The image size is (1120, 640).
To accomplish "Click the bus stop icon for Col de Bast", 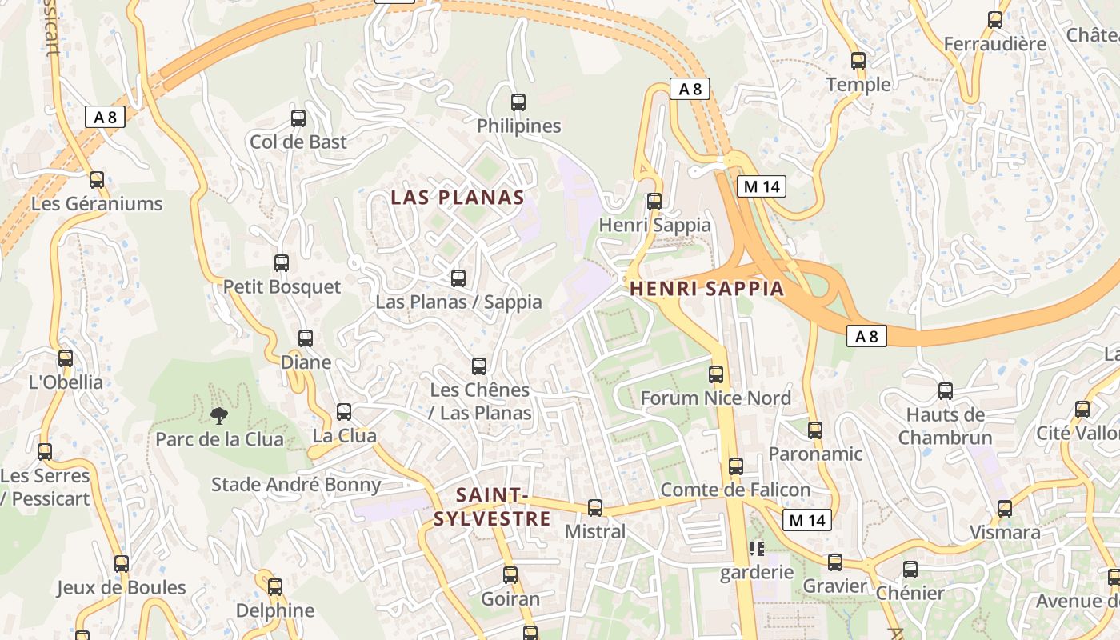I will point(298,118).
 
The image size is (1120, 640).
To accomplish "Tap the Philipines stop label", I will point(518,126).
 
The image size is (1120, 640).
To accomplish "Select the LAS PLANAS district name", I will point(458,198).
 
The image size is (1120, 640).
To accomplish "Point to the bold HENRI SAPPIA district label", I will point(707,289).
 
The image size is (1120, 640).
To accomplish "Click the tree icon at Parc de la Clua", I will point(218,415).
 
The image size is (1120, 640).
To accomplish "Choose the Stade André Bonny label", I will point(296,485).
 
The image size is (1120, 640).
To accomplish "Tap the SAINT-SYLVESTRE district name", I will point(492,506).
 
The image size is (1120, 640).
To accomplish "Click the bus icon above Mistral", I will point(594,508).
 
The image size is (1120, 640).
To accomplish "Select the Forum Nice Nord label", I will point(715,398).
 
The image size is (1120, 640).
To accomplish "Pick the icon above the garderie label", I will point(756,549).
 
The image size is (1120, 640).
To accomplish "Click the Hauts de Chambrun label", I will point(945,426).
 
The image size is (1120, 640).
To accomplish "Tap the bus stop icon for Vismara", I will point(1005,509).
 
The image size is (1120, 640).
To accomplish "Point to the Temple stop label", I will point(858,85).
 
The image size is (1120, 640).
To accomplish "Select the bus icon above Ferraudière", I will point(994,21).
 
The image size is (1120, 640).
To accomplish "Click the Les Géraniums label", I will point(97,204).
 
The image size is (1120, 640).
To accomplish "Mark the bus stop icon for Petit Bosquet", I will point(281,263).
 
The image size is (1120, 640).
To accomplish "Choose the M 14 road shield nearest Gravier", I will point(806,521).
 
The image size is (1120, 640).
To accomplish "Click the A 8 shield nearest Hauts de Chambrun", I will point(866,337).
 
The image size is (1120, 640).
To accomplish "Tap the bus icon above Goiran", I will point(510,575).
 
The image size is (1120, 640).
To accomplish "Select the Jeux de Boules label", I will point(121,588).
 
